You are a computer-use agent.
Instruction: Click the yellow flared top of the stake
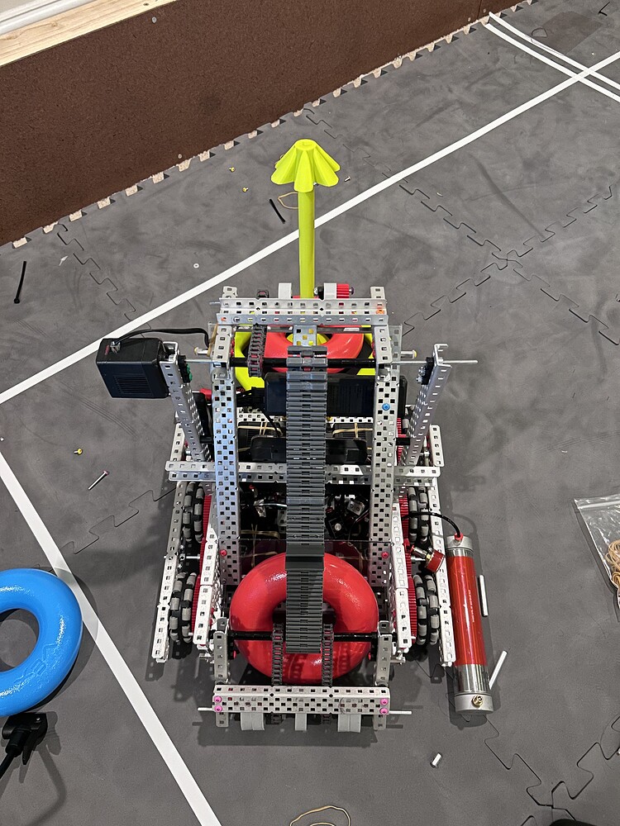point(306,165)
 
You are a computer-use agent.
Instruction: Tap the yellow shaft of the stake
point(307,240)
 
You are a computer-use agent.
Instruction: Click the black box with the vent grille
point(132,368)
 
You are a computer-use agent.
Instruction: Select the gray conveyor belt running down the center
point(306,496)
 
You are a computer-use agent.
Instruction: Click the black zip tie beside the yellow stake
point(277,211)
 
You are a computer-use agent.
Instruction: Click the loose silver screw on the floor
point(98,479)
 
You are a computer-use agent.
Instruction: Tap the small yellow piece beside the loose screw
point(79,452)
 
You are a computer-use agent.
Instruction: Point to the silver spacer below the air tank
point(436,759)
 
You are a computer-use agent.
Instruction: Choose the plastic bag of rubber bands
point(602,537)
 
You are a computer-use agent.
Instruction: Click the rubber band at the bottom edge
point(318,816)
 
